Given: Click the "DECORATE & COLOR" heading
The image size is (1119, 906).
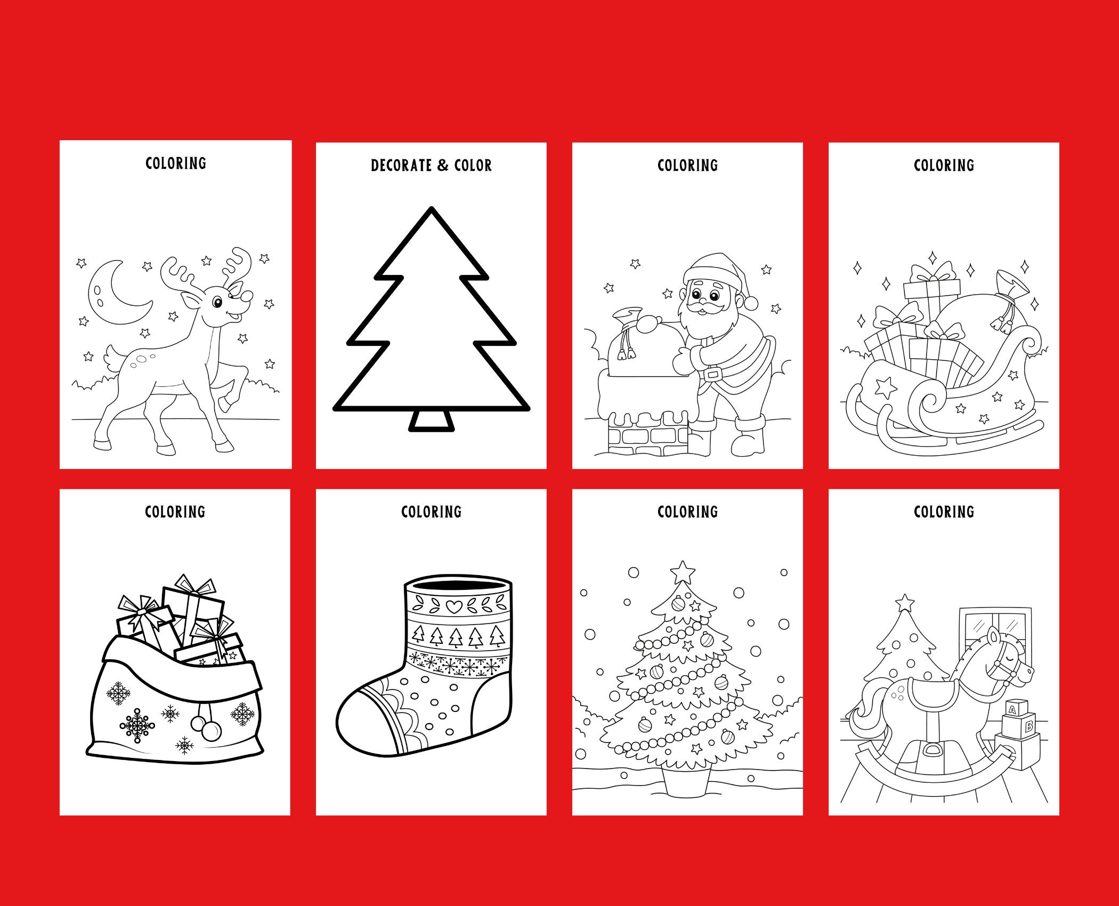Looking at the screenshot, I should pos(431,165).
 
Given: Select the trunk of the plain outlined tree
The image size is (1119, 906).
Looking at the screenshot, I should pos(432,420).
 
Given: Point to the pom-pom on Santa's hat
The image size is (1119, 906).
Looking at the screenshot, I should pos(751,303).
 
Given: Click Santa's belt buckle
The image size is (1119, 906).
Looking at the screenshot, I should pos(711,374).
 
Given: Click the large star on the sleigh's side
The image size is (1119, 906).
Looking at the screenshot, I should pos(886,387).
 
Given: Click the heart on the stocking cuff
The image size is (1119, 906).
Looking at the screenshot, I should pos(453,606).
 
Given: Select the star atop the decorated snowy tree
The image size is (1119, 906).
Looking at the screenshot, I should pos(683,572).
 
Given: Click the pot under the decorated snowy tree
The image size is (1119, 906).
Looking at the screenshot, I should pos(687,782).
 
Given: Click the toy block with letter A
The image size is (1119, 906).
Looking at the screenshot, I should pos(1012,709).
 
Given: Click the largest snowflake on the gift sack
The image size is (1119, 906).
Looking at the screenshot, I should pos(137,725).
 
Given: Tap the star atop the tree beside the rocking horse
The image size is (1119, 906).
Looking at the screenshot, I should pos(904,603).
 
